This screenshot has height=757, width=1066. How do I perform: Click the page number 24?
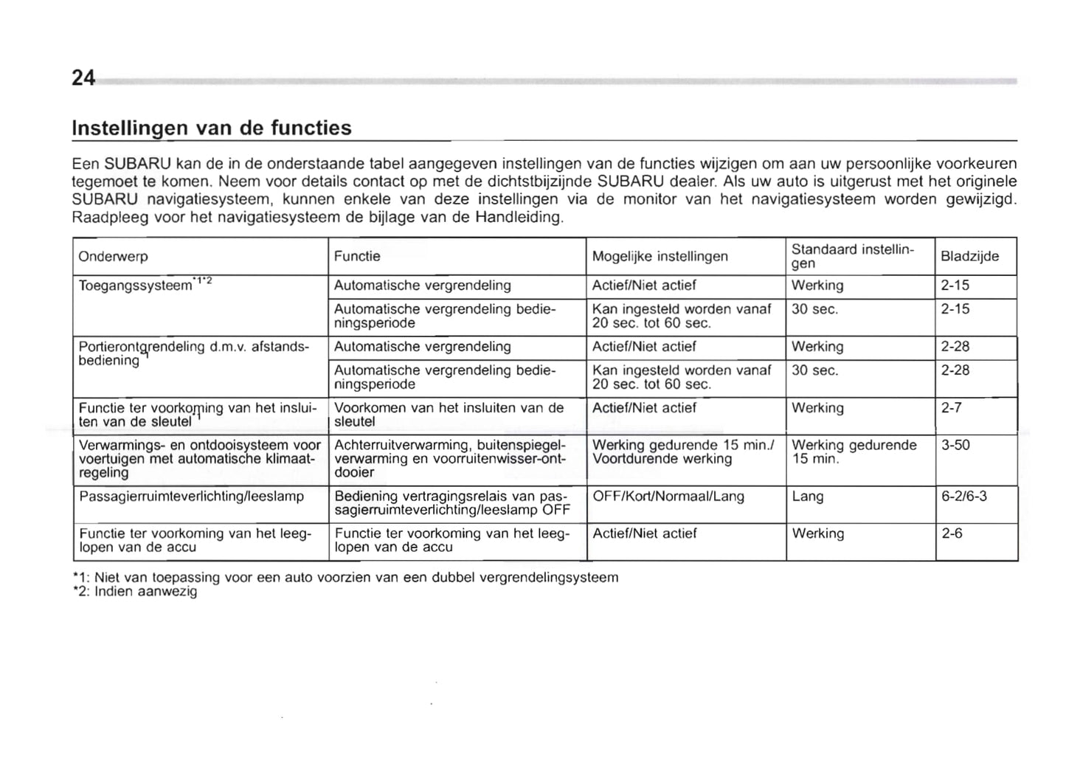pos(83,78)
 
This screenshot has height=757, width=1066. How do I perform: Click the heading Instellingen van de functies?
pos(211,128)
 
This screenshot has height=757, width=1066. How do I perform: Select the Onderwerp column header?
pos(113,257)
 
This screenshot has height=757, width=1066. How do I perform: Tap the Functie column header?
pos(357,257)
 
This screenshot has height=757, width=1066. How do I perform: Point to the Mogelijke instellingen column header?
pos(660,257)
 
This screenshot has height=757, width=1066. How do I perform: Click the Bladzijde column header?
pos(969,257)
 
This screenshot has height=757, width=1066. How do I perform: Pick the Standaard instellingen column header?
pos(852,256)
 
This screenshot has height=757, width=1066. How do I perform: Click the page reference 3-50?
pos(955,446)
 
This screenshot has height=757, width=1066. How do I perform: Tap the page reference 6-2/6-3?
pos(964,497)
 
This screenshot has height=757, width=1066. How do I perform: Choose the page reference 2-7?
pos(951,408)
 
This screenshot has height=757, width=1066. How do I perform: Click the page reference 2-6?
pos(952,533)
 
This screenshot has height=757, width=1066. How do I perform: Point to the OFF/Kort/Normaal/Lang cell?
pos(668,497)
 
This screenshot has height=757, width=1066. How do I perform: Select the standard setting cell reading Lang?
pos(807,497)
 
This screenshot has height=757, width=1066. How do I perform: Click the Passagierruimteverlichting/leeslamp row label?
pos(191,497)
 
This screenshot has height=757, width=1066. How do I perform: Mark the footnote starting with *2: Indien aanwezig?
pos(135,592)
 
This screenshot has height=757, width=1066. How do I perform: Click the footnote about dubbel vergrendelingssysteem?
pos(345,577)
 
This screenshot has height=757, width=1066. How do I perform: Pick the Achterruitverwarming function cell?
pos(449,459)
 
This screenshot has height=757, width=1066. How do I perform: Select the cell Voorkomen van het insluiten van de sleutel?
pos(449,415)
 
